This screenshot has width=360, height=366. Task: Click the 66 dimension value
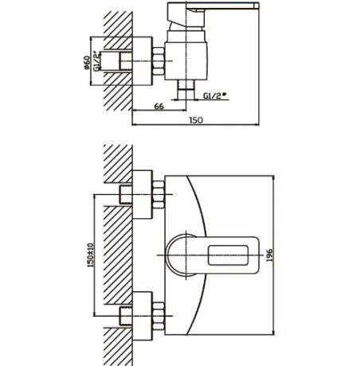point(159,107)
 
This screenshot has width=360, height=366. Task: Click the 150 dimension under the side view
point(196,120)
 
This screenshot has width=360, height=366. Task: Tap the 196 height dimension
point(269,255)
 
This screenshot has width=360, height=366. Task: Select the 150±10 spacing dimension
point(90,255)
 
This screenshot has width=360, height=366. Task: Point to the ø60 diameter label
point(87,63)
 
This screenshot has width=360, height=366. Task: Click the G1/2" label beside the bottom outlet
point(215,95)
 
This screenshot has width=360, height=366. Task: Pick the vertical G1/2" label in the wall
point(97,61)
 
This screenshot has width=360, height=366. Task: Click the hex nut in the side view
point(158,61)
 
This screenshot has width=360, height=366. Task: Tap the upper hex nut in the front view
point(158,194)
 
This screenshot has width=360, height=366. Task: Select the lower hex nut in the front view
point(158,316)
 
